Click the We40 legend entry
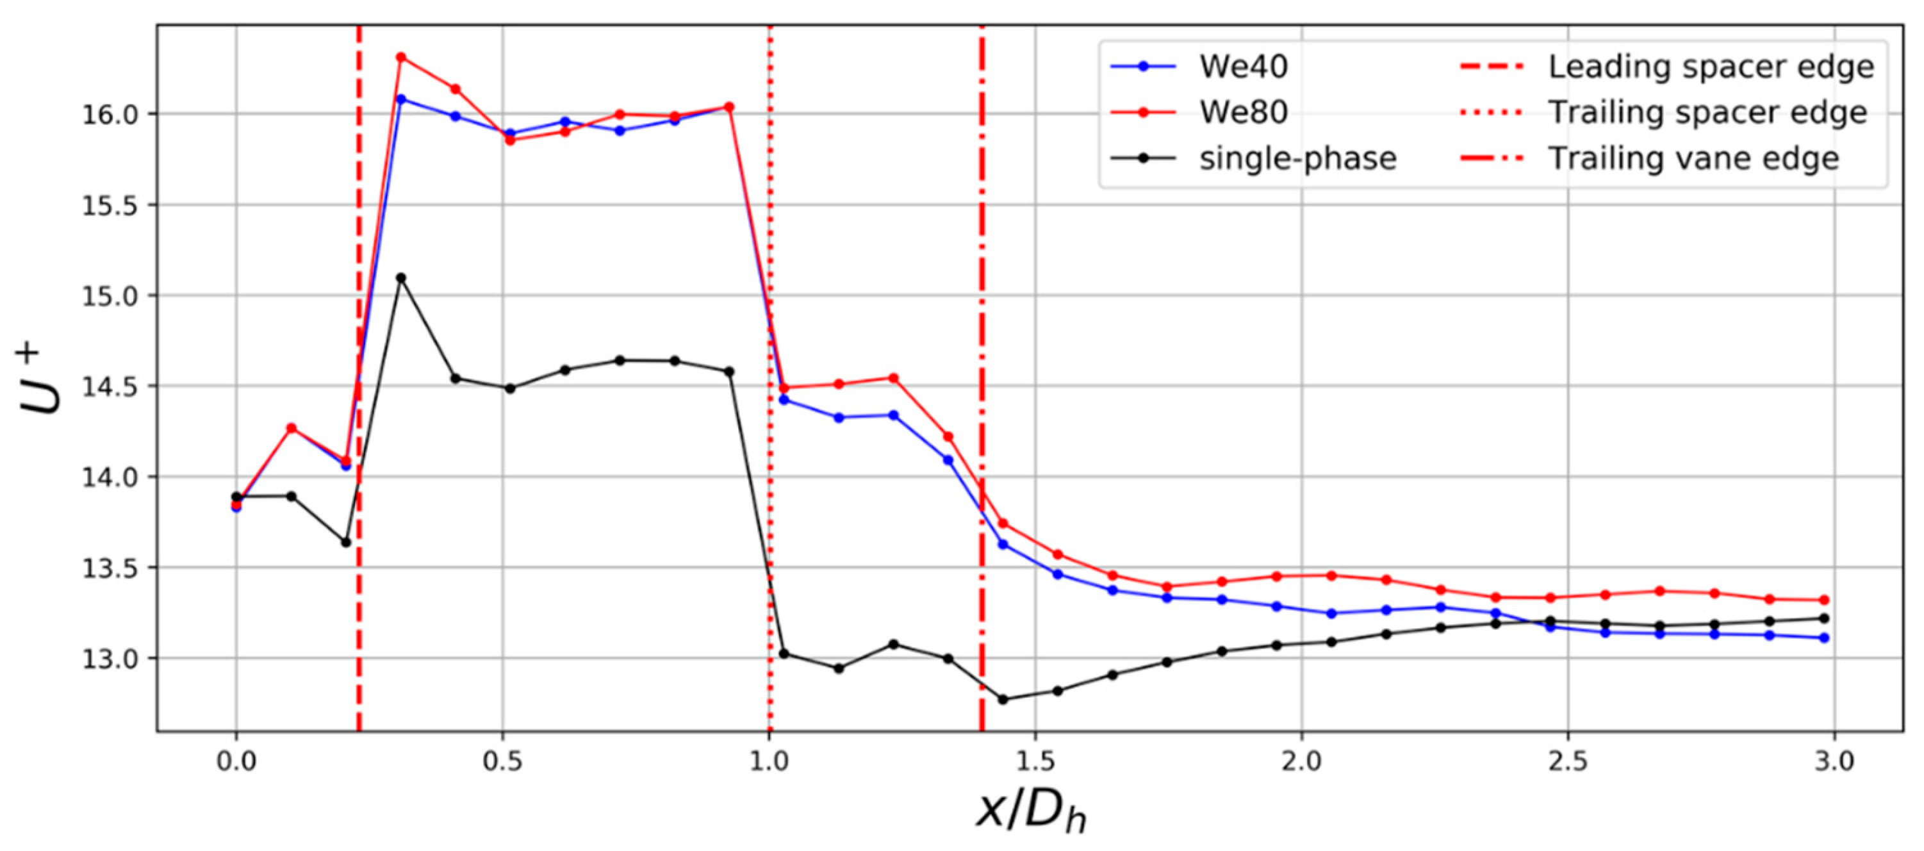1244,67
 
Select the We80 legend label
1244,113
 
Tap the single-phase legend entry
1297,158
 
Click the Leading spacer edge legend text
1711,67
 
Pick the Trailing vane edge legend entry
1693,158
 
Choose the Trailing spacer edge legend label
1707,113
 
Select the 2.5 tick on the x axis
1568,762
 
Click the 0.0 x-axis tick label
236,762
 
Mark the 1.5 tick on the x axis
1035,762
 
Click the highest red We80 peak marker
401,57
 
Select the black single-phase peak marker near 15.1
401,278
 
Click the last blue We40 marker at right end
1824,638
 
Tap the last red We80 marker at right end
1824,600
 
